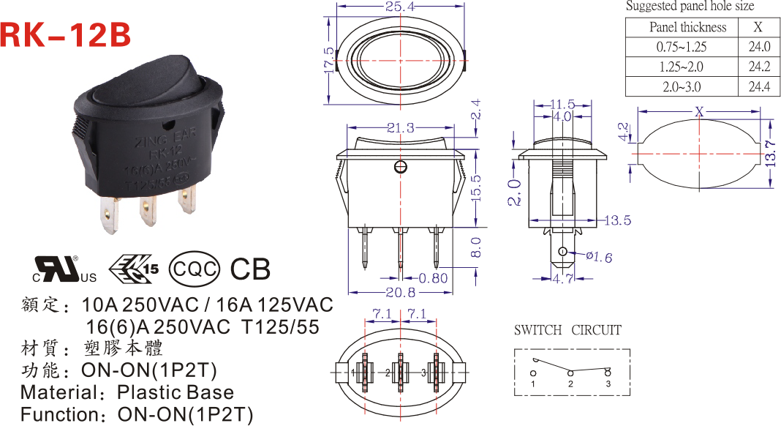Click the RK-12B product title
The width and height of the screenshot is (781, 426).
[67, 34]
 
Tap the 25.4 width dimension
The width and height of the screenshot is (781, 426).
[399, 7]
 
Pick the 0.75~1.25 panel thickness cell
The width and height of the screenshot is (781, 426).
[682, 47]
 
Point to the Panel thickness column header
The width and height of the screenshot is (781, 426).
[687, 27]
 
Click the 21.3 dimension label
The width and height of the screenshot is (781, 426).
[401, 128]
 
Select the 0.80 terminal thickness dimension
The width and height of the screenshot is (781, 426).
[434, 278]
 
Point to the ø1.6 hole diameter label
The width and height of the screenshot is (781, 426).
[597, 256]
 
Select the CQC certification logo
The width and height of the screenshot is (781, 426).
[194, 269]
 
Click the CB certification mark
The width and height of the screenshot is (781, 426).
[250, 269]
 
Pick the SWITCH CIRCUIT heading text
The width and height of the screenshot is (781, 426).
[567, 330]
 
